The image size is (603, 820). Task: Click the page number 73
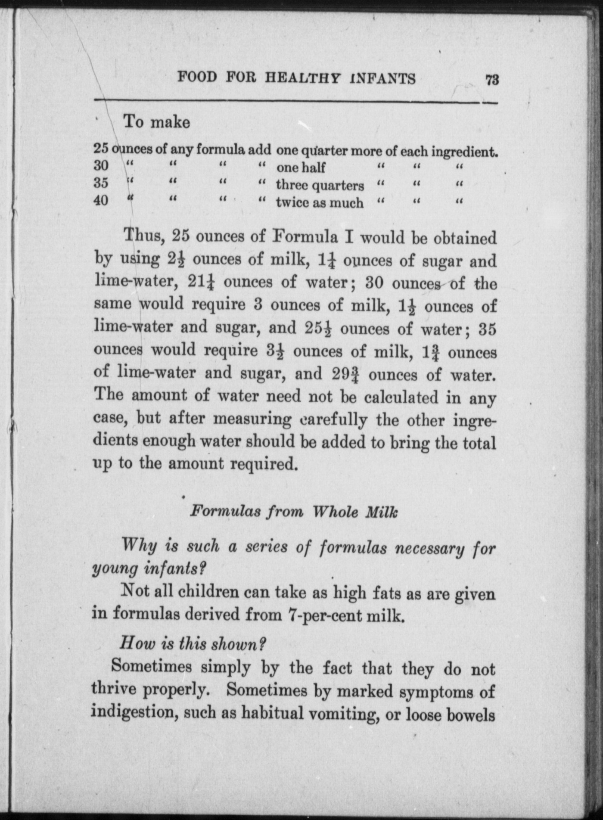[491, 81]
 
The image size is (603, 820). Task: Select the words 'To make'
[157, 122]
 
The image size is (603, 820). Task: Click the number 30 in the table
[101, 165]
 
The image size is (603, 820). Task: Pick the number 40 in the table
[101, 200]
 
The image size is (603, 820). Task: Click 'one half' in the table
[301, 167]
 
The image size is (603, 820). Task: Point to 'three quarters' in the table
[320, 185]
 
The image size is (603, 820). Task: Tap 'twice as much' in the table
[320, 202]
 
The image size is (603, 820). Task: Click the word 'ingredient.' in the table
[465, 152]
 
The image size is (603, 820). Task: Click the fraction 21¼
[202, 283]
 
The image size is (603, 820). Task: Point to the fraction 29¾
[345, 374]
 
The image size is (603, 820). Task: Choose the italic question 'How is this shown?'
[192, 644]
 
